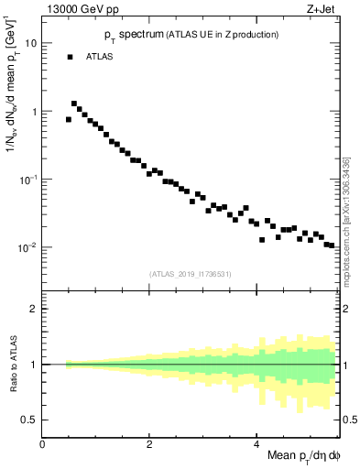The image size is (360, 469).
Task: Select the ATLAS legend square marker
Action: point(70,57)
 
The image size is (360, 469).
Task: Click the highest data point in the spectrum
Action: point(74,104)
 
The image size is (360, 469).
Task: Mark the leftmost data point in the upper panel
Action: point(69,119)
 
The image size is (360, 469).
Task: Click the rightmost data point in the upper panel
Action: point(332,245)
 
